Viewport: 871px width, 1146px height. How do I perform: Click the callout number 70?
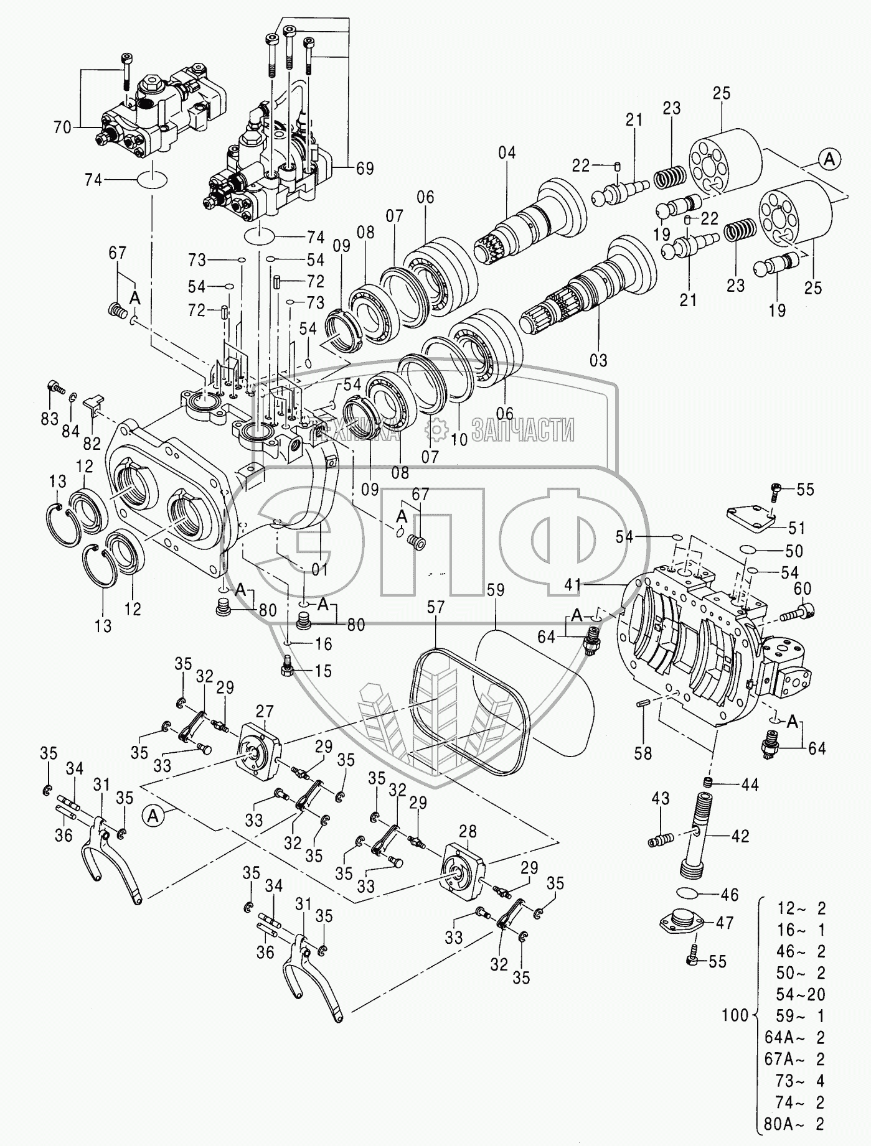point(63,128)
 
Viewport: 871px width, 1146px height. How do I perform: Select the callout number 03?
point(599,360)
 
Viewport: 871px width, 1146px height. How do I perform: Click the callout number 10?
point(459,439)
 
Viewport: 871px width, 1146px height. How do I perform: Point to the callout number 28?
point(468,831)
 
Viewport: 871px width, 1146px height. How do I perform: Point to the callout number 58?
point(643,753)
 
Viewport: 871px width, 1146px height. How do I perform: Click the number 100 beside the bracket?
point(736,1016)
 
